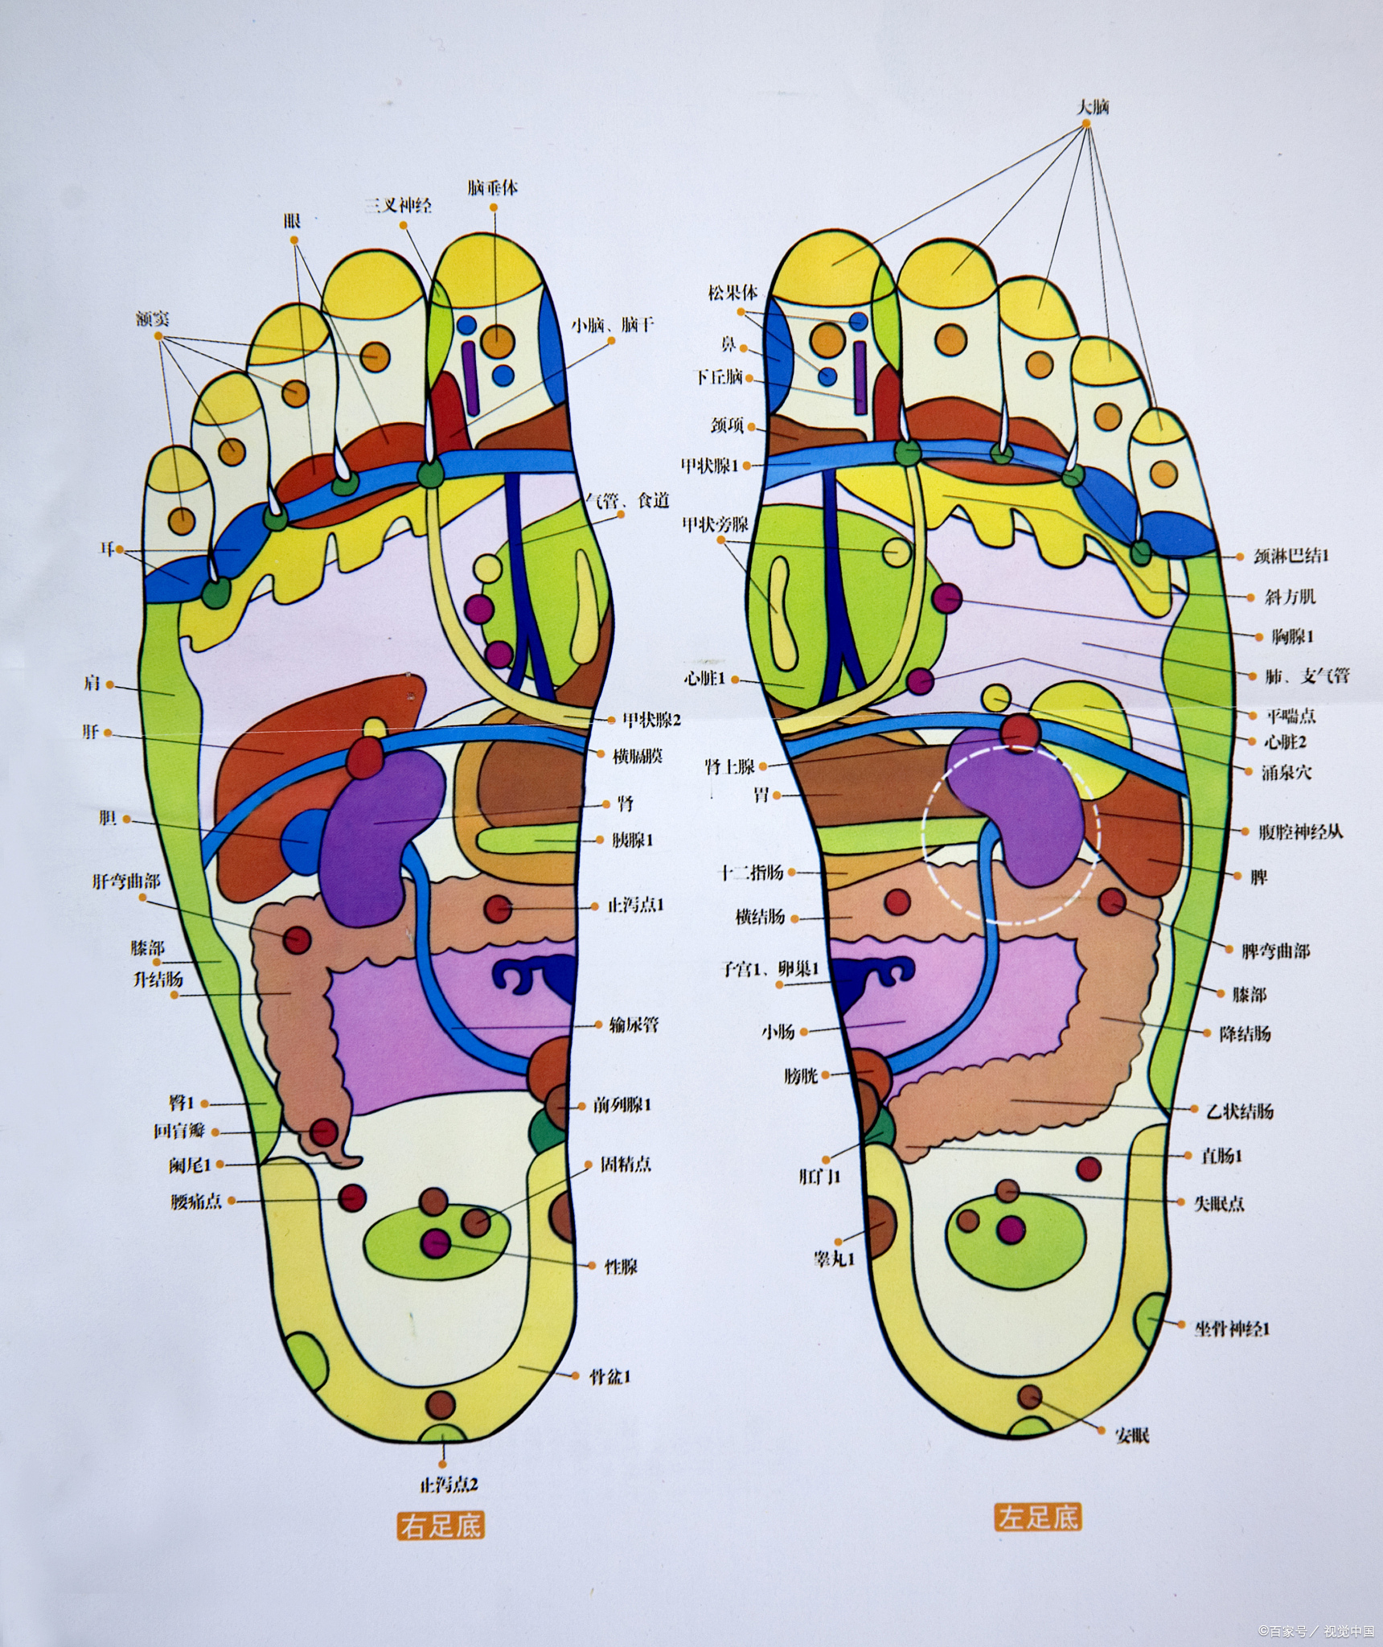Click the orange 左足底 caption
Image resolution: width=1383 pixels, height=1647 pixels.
[x=1037, y=1518]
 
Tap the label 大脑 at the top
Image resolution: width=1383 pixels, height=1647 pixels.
[x=1093, y=106]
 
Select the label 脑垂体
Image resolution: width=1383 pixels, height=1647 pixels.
[x=492, y=188]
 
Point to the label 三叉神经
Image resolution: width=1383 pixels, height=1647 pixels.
[x=399, y=206]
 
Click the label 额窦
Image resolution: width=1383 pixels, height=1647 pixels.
[x=153, y=319]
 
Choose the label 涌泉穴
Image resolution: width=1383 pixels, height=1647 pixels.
[x=1286, y=772]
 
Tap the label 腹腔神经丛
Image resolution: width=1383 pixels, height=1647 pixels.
[x=1300, y=832]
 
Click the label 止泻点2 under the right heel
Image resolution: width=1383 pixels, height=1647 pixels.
[x=449, y=1485]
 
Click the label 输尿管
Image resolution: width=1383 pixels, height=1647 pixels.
[x=634, y=1025]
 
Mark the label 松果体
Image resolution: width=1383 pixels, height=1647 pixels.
[x=733, y=292]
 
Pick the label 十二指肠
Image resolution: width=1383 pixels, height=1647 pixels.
[x=751, y=872]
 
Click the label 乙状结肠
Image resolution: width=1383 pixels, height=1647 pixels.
[x=1240, y=1112]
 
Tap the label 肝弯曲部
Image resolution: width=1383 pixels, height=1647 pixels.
[x=125, y=881]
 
